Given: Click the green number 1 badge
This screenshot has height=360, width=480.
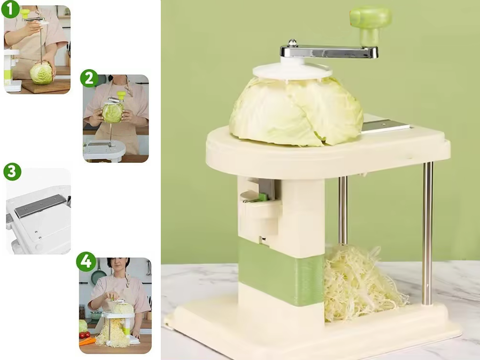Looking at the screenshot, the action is (11, 9).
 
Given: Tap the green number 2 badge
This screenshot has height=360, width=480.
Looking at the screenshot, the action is (89, 78).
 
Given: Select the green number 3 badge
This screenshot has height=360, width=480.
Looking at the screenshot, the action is (12, 172).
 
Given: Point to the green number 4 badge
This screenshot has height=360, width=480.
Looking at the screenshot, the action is (86, 262).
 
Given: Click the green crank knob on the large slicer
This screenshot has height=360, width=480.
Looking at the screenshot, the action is (371, 24).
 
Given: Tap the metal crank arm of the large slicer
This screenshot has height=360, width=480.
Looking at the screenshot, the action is (329, 52).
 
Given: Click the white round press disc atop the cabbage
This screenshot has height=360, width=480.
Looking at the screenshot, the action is (292, 71).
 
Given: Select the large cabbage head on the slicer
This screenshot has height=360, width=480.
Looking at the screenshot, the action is (296, 112).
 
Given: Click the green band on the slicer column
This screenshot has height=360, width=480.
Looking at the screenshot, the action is (280, 273).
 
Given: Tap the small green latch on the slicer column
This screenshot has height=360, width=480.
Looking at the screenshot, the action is (263, 197).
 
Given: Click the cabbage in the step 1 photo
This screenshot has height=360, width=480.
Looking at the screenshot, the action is (41, 73).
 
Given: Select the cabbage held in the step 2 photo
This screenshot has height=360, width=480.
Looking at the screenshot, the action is (113, 112).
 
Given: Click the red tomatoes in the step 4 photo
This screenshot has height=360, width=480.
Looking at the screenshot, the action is (85, 335).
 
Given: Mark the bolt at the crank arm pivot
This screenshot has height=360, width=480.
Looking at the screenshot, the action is (293, 42).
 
